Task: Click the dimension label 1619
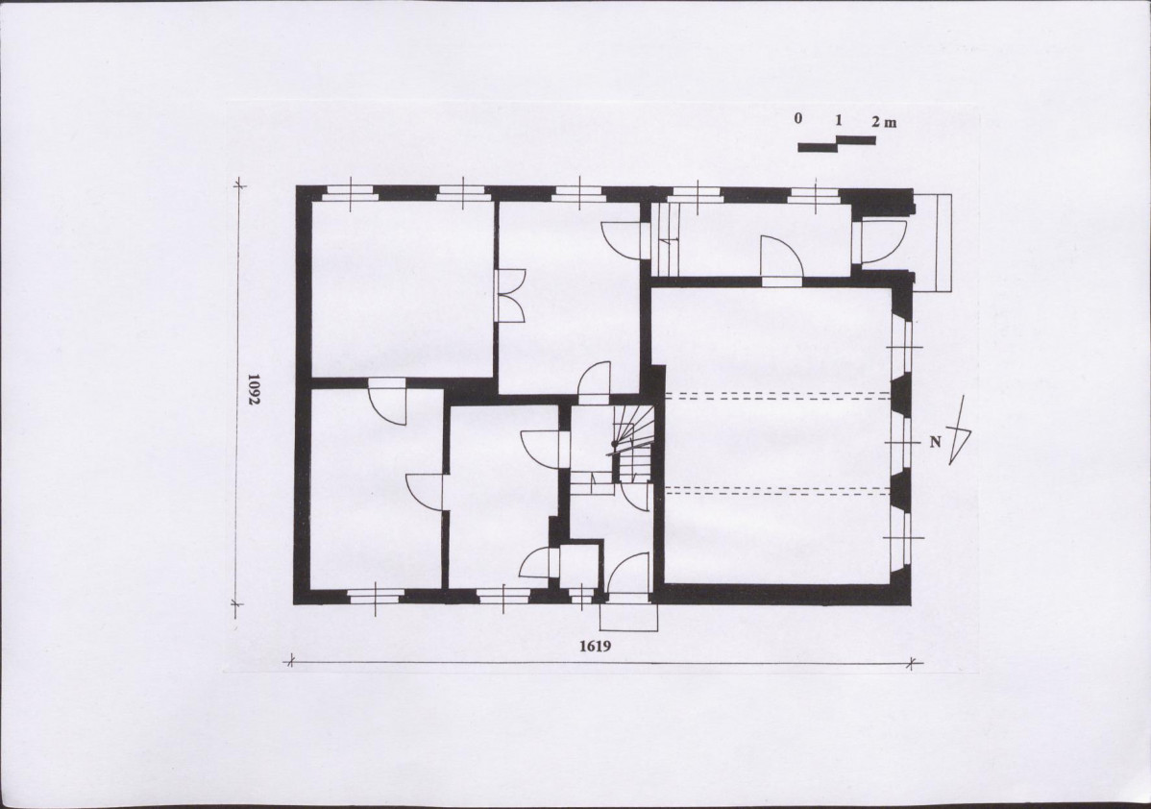[596, 646]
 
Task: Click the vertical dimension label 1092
[254, 390]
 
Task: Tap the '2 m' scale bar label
[884, 122]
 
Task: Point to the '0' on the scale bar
[798, 118]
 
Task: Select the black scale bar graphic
[837, 144]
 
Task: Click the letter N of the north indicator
[935, 442]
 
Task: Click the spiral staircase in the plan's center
[630, 443]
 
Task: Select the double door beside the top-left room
[510, 295]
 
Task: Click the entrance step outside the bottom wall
[628, 617]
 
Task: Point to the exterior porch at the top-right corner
[933, 242]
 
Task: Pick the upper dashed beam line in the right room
[777, 396]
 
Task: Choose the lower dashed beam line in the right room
[777, 490]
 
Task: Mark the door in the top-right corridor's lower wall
[782, 259]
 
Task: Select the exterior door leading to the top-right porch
[882, 241]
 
